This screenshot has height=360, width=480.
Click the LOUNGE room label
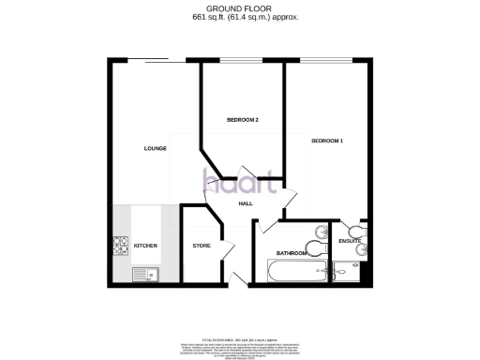(x=155, y=148)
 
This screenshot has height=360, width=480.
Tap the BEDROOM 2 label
(x=243, y=121)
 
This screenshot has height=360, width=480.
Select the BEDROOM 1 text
(x=327, y=141)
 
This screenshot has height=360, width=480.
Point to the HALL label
(x=246, y=203)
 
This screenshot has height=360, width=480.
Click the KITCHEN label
(x=145, y=246)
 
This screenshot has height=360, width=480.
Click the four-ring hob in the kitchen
(x=122, y=246)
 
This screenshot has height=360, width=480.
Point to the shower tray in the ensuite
(x=349, y=272)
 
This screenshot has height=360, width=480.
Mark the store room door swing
(x=226, y=256)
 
